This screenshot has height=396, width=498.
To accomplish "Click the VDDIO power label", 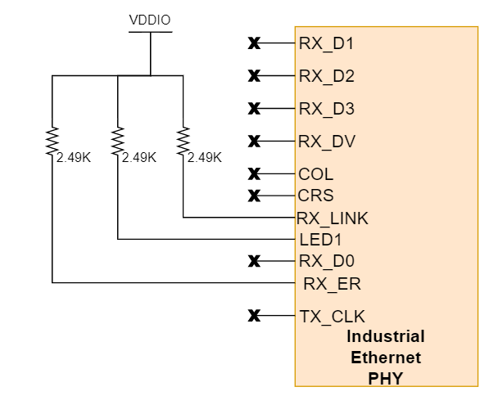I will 150,20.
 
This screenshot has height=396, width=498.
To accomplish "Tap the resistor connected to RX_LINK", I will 183,140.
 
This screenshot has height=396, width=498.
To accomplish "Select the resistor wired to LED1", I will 118,140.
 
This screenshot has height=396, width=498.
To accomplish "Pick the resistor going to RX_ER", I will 52,140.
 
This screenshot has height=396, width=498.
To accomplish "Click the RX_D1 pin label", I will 326,43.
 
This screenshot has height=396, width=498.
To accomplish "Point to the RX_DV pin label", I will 327,142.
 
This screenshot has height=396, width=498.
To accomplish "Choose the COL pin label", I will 316,174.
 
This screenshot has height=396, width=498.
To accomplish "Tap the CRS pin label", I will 316,196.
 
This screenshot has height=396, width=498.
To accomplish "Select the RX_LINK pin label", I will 332,218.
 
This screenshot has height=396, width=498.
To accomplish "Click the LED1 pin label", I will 320,240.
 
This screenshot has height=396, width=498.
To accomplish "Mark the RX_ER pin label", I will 332,284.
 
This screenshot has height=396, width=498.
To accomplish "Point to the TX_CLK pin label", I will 332,317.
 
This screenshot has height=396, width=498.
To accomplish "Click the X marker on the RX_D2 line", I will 254,76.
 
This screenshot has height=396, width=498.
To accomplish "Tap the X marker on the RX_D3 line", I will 254,109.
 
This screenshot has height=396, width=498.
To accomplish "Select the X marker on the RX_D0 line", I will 254,262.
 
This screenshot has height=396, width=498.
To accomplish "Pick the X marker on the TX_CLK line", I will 254,316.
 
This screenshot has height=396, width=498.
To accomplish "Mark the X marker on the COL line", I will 254,174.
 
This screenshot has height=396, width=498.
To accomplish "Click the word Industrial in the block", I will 386,336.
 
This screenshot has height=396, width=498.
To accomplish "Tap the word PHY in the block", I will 386,379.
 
